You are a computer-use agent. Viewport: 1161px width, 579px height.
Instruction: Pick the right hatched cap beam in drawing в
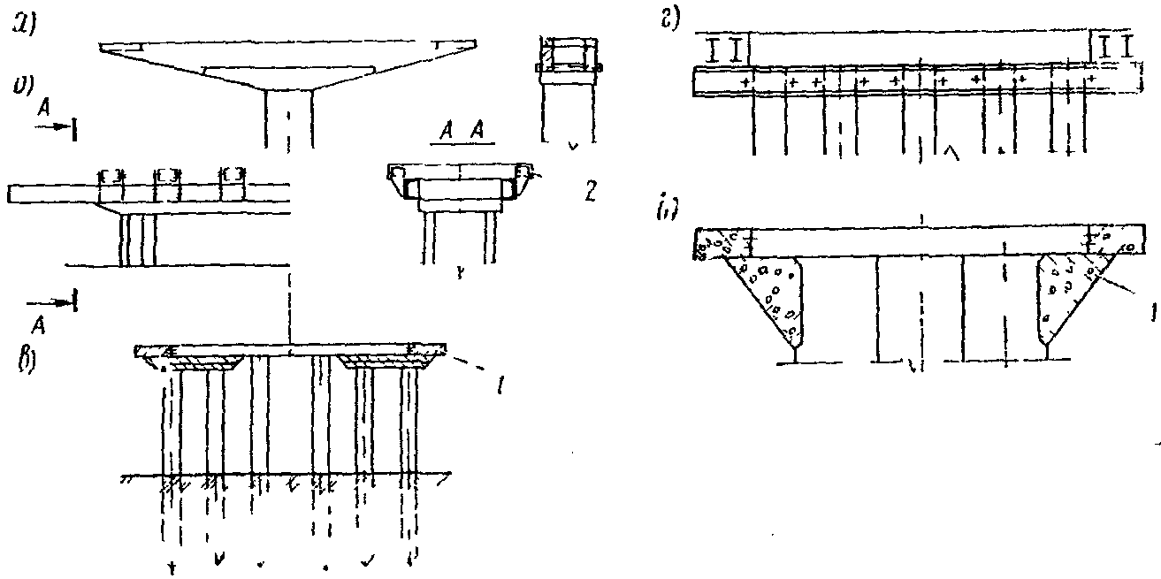tap(376, 361)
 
